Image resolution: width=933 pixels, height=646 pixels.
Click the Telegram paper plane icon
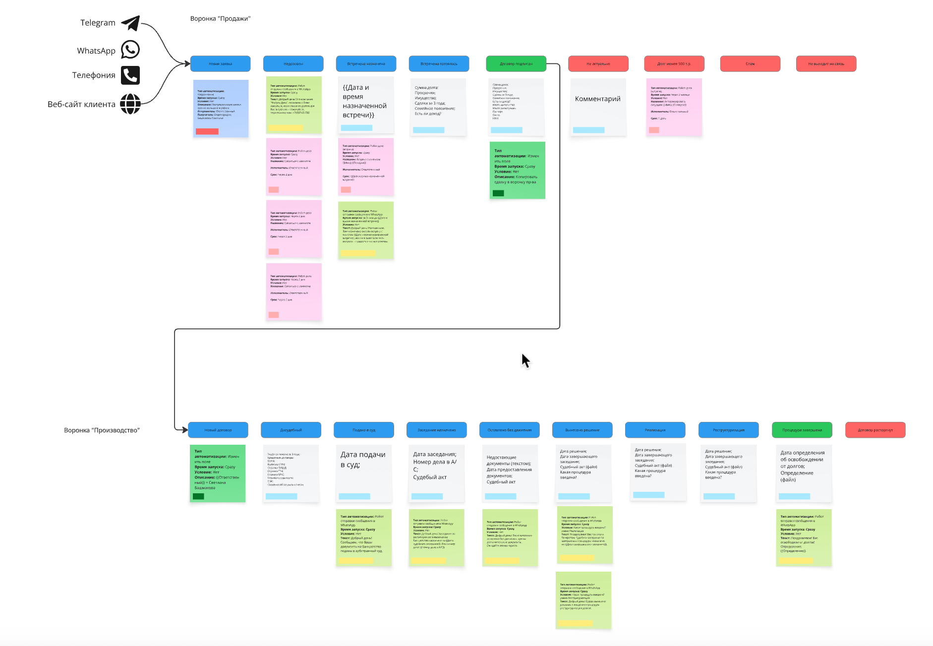coord(131,23)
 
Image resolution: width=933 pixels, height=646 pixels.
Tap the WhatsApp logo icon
coord(130,50)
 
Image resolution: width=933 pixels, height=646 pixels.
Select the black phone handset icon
coord(130,75)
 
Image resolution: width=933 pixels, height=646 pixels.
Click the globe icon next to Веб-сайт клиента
coord(130,104)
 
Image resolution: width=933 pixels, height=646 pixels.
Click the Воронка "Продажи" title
coord(220,19)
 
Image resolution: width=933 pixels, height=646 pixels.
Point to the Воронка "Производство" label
coord(102,430)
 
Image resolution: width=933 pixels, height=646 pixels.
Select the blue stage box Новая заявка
coord(220,64)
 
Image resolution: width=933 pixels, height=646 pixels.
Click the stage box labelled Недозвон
coord(293,64)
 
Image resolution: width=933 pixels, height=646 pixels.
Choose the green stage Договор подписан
coord(516,64)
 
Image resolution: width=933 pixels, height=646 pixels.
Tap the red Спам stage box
coord(750,64)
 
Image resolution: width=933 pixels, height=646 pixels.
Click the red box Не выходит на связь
coord(826,64)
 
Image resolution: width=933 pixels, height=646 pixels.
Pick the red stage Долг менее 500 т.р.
coord(674,64)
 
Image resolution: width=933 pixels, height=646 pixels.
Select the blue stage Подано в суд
coord(364,430)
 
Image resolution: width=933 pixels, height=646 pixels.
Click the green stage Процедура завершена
coord(802,430)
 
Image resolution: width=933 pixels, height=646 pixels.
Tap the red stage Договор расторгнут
coord(875,430)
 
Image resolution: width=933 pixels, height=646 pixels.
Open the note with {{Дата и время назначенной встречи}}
coord(366,105)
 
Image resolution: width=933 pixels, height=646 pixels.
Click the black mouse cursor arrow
coord(525,360)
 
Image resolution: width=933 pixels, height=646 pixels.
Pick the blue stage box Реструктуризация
coord(728,430)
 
